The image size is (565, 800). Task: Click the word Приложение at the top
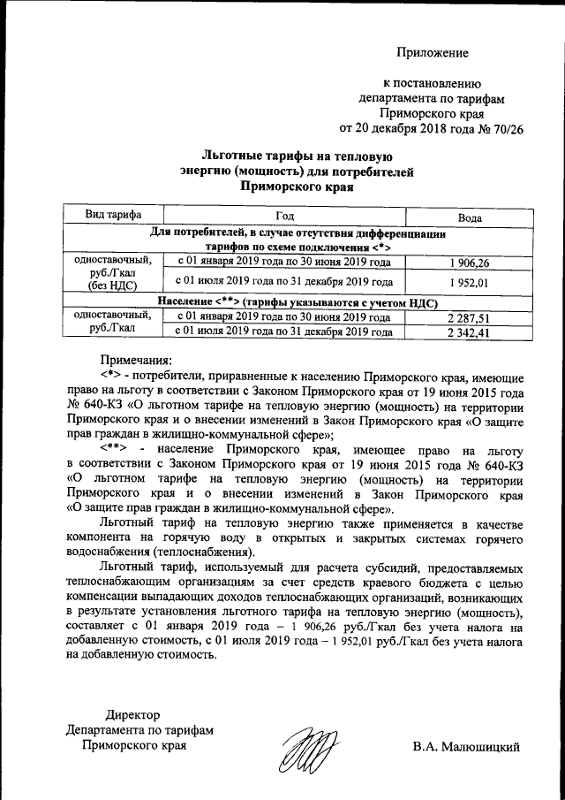pyautogui.click(x=431, y=53)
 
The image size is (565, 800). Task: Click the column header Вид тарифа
pyautogui.click(x=111, y=215)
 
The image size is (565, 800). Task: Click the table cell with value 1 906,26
pyautogui.click(x=468, y=263)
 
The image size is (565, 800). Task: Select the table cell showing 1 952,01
pyautogui.click(x=468, y=282)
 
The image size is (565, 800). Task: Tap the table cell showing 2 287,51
pyautogui.click(x=468, y=317)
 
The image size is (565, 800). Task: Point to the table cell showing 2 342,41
pyautogui.click(x=468, y=332)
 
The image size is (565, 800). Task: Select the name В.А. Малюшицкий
pyautogui.click(x=466, y=746)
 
